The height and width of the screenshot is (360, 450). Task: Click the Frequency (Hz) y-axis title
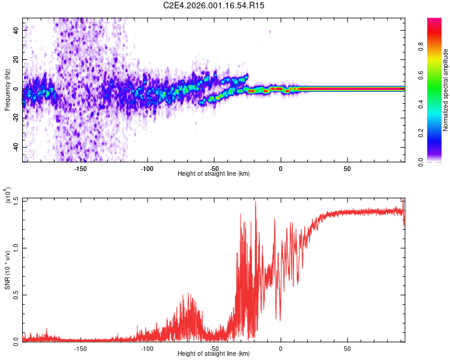point(7,90)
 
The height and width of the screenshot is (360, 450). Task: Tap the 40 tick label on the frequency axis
point(16,29)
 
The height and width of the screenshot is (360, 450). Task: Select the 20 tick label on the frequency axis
point(16,59)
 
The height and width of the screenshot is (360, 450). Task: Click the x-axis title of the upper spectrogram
point(214,174)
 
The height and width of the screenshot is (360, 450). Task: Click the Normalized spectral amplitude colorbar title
point(446,90)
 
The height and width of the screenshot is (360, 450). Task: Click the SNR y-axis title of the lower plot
point(8,270)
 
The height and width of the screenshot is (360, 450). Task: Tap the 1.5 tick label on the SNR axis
point(15,200)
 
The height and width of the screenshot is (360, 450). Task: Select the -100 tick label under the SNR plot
point(147,348)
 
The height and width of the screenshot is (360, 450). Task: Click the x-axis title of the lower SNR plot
point(214,354)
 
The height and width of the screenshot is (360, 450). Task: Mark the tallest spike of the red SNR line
point(256,202)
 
